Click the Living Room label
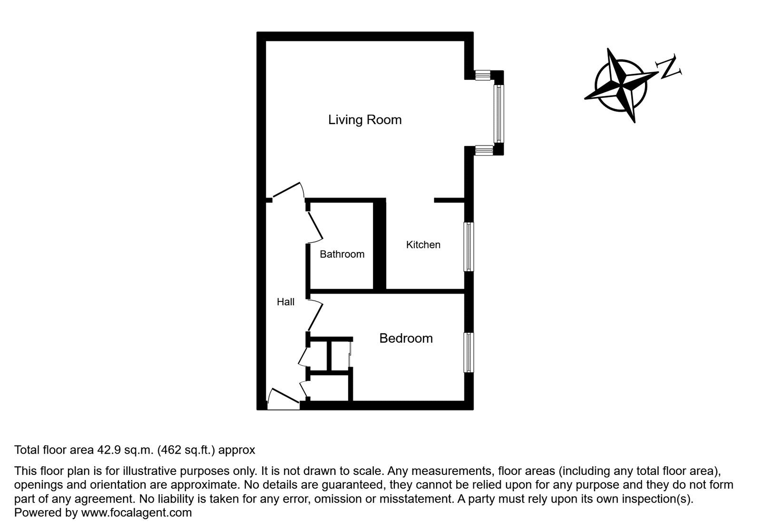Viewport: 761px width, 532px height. [365, 119]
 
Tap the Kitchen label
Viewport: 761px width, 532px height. [423, 245]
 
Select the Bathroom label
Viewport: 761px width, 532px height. [342, 254]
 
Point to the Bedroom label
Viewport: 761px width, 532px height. [406, 339]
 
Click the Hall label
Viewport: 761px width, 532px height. [285, 302]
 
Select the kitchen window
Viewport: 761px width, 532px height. [469, 247]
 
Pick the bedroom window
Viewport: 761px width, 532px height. [469, 352]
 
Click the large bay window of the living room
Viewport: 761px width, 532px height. [498, 113]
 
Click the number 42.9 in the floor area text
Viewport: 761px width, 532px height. [107, 450]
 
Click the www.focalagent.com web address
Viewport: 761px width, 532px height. [137, 513]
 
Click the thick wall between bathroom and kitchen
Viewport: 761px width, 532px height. [380, 245]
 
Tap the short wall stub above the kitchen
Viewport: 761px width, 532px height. [449, 201]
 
